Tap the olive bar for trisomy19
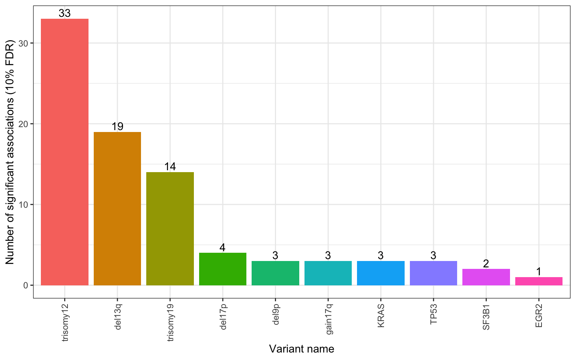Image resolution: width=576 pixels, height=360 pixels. tap(170, 229)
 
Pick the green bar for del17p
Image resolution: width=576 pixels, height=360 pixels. tap(223, 269)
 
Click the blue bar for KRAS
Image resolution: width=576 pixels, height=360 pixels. tap(381, 273)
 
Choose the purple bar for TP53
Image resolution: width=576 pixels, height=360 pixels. tap(433, 273)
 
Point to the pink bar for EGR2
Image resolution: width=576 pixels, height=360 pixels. tap(539, 281)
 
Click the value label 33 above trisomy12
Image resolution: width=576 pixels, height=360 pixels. tap(64, 13)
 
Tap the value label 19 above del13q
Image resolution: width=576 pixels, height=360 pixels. tap(117, 127)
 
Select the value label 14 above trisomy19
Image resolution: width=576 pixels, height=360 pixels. tap(170, 167)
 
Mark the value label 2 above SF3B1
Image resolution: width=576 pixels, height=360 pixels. tap(486, 264)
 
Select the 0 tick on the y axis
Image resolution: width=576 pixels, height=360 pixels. tap(26, 285)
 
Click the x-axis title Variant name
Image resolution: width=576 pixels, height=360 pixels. tap(301, 349)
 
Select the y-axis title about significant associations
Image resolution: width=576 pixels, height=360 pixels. tap(10, 151)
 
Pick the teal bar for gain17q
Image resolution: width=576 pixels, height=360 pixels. tap(328, 273)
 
